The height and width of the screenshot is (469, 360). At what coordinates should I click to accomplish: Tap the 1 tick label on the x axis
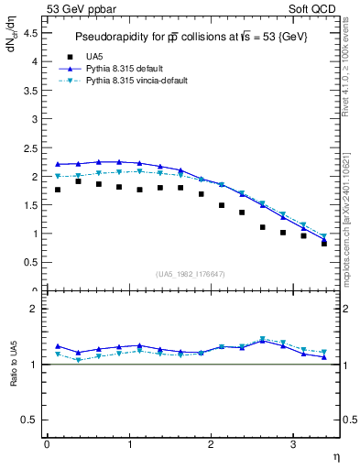coord(128,444)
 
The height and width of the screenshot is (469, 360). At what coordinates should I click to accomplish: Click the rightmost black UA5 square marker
coord(324,244)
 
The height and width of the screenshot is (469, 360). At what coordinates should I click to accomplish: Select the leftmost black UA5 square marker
coord(58,190)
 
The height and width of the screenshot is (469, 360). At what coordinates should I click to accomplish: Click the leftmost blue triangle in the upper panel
coord(58,164)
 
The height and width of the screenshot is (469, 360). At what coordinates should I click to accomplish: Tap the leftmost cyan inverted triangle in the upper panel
coord(58,176)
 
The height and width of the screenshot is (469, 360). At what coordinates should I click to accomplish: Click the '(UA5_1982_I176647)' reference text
coord(192,274)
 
